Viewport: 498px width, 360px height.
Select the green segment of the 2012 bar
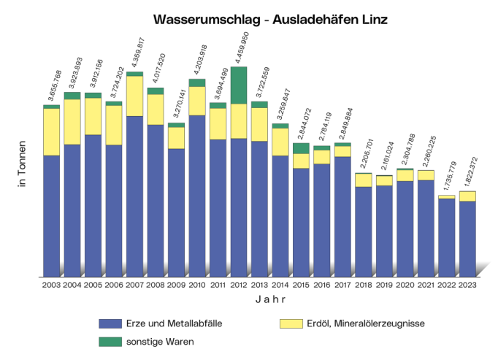[x=239, y=85]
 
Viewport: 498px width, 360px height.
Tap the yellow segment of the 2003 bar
[x=51, y=131]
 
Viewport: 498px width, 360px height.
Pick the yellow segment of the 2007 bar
[x=134, y=96]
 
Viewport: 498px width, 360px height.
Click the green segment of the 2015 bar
[x=301, y=148]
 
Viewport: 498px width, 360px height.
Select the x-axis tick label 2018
[x=364, y=286]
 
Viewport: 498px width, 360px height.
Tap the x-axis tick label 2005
[x=93, y=286]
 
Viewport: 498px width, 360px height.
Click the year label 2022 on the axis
[x=447, y=286]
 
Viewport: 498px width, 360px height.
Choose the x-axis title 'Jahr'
[x=270, y=299]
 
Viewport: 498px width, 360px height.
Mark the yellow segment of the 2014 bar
[x=280, y=142]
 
